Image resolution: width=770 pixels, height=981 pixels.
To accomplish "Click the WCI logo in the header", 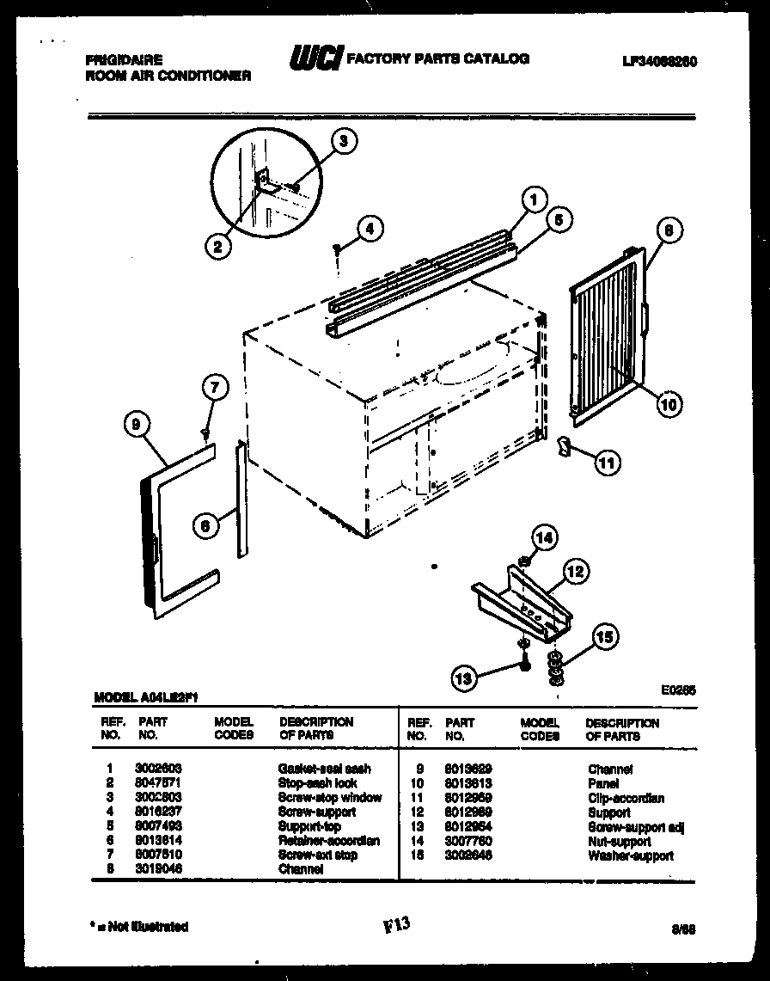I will coord(315,58).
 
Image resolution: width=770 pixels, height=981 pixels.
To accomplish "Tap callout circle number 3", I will coord(344,143).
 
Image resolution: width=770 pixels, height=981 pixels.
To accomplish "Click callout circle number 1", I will coord(534,201).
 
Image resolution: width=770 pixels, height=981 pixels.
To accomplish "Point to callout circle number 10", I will coord(669,402).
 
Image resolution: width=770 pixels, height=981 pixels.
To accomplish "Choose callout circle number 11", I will coord(607,462).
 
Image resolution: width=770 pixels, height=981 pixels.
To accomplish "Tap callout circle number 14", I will coord(544,538).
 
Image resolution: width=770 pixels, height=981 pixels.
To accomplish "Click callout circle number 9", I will coord(136,422).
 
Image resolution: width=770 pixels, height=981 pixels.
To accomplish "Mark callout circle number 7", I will coord(215,389).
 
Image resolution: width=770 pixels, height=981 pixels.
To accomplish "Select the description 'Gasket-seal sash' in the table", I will coord(324,769).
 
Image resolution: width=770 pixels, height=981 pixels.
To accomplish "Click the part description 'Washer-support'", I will coord(630,855).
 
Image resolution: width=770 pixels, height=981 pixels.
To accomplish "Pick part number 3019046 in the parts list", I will coord(158,869).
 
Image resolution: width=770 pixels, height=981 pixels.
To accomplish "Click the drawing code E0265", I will coord(679,689).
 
